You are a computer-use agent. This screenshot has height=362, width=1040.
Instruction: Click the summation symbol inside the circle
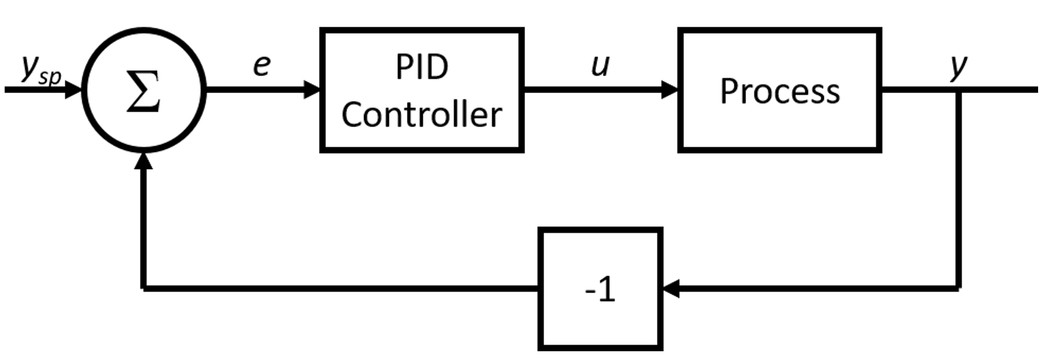(143, 91)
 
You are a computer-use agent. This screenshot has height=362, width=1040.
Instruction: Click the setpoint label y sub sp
(41, 70)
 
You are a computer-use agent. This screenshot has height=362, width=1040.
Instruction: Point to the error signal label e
(262, 66)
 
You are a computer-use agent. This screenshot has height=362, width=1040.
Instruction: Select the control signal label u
(600, 66)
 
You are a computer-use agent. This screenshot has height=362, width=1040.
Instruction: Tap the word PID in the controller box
(422, 67)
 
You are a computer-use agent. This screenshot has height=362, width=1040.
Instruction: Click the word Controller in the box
(422, 115)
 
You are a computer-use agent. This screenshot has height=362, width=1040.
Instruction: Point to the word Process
(780, 91)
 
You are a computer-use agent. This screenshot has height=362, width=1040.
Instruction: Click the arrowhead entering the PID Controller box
(312, 89)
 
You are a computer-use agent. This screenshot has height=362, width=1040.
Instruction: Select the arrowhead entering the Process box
(670, 89)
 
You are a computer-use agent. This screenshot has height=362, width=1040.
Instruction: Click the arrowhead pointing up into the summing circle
(143, 161)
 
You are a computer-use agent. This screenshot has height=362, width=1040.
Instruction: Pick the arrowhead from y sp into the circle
(73, 89)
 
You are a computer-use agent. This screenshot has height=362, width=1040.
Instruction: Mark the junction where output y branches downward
(958, 90)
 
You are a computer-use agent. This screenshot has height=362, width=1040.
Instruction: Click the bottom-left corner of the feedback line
(143, 289)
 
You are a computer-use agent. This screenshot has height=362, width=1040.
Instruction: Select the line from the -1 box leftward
(341, 289)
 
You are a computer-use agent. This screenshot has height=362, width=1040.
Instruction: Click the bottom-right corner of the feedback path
(958, 289)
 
